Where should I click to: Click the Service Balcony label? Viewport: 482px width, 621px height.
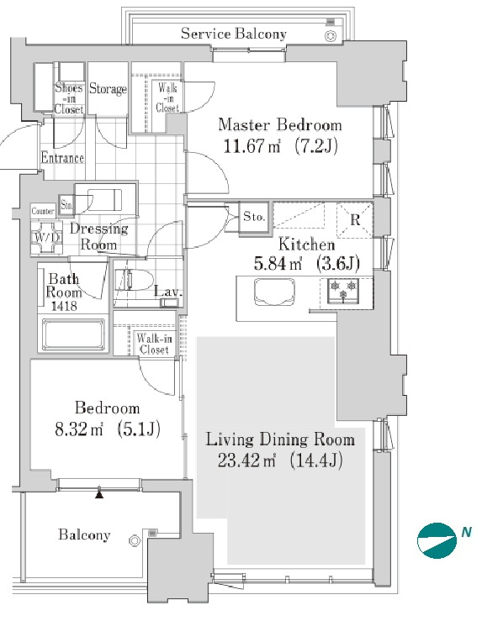tap(234, 34)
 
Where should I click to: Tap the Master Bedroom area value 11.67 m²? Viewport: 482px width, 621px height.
tap(252, 146)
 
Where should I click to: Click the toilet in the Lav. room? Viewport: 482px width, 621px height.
tap(134, 280)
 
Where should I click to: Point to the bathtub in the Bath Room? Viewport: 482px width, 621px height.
tap(73, 335)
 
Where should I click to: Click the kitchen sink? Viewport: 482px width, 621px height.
tap(275, 292)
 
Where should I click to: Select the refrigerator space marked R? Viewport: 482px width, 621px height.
tap(355, 220)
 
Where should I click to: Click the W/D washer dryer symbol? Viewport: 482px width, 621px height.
tap(47, 237)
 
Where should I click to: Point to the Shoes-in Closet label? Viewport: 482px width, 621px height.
tap(69, 98)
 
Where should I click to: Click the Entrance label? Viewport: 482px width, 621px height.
tap(62, 158)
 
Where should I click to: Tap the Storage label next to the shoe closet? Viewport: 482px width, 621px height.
tap(108, 88)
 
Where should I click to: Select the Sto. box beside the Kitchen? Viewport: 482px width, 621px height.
tap(254, 217)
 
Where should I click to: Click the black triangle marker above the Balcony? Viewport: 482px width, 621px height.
tap(99, 493)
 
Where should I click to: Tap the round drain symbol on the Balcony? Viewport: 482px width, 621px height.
tap(135, 540)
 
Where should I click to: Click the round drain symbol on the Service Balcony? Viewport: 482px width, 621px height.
tap(331, 36)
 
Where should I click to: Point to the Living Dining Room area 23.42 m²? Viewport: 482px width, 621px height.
tap(246, 460)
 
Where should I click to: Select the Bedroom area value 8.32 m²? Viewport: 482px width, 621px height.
tap(79, 429)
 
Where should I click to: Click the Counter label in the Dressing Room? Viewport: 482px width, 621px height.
tap(43, 211)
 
